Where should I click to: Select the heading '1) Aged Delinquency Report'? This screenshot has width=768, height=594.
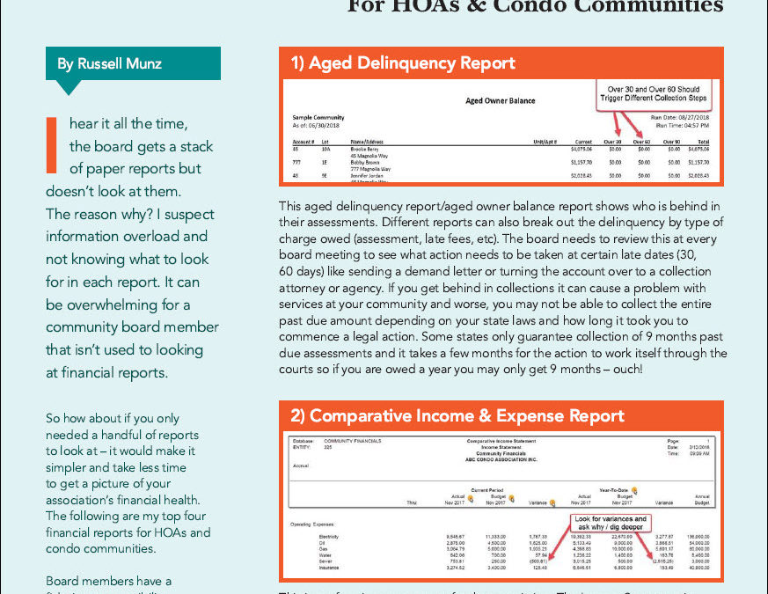(x=404, y=62)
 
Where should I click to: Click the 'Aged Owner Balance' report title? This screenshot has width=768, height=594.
(x=500, y=100)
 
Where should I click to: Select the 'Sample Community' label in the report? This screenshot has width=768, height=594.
(x=318, y=117)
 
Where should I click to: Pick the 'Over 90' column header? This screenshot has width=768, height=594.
(x=670, y=141)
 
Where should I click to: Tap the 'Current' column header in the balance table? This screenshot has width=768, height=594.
(x=582, y=141)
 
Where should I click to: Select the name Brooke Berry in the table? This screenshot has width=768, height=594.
(x=366, y=150)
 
